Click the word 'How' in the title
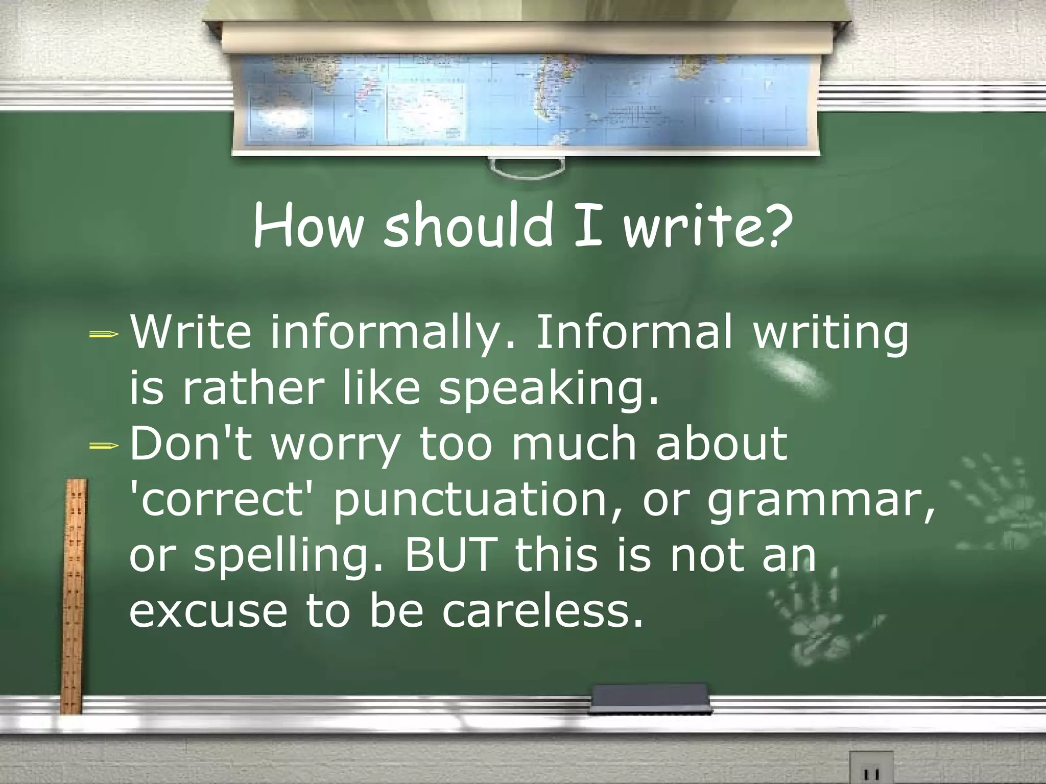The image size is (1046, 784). pos(307,225)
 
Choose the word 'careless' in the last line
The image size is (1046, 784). pos(541,611)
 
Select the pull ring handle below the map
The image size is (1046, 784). pos(526,167)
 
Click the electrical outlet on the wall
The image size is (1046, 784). pos(871,768)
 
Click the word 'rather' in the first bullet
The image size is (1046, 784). pos(252,389)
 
